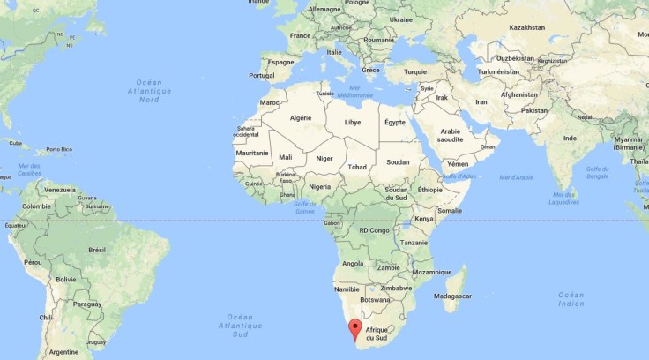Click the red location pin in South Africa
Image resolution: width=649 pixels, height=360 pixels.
(x=354, y=330)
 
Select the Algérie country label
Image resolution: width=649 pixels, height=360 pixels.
(x=302, y=117)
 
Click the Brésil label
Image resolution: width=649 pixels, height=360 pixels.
(x=97, y=250)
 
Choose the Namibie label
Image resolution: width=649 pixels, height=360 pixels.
(x=347, y=289)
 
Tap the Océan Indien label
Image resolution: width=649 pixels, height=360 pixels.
(x=571, y=298)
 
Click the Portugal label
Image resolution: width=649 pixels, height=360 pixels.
(x=262, y=75)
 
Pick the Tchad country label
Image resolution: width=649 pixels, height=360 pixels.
(x=356, y=167)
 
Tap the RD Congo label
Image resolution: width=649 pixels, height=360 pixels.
(x=374, y=230)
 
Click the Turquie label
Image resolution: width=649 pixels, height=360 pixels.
(x=414, y=71)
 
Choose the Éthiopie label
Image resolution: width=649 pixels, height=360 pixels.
(x=430, y=190)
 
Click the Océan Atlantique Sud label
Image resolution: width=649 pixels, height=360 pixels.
(x=239, y=325)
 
